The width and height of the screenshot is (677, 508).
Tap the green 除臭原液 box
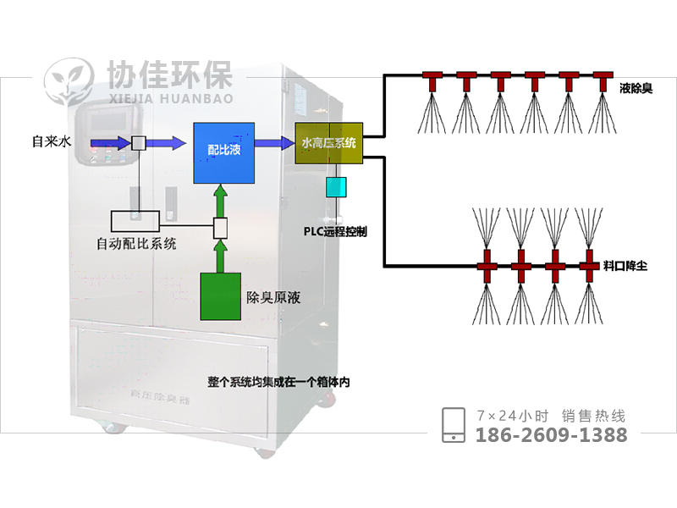(x=220, y=295)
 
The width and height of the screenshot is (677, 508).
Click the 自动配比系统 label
(x=137, y=245)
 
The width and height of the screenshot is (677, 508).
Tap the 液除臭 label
(x=636, y=87)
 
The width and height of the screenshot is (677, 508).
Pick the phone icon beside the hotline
(x=454, y=425)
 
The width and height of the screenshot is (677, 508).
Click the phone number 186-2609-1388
(x=552, y=435)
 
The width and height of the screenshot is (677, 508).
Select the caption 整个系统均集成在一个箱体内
(x=278, y=382)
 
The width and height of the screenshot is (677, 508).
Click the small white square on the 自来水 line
(x=138, y=142)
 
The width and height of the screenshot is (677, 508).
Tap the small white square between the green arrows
(x=220, y=228)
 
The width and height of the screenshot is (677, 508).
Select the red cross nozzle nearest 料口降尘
(x=589, y=266)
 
